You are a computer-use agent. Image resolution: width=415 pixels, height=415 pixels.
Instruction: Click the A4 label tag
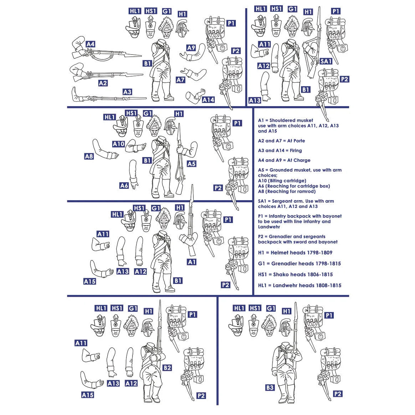pyautogui.click(x=90, y=45)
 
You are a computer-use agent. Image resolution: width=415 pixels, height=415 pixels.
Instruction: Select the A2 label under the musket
pyautogui.click(x=103, y=83)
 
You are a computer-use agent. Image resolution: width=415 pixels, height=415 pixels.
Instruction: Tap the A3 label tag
pyautogui.click(x=127, y=92)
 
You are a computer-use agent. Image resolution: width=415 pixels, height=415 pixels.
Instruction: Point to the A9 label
pyautogui.click(x=191, y=48)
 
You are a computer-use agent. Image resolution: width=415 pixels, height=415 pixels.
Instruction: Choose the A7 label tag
pyautogui.click(x=181, y=80)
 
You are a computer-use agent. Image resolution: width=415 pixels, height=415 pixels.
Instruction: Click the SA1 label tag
pyautogui.click(x=326, y=61)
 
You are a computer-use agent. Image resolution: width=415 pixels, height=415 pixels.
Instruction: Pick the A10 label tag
pyautogui.click(x=118, y=144)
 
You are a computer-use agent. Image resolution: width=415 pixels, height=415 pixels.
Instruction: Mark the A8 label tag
pyautogui.click(x=89, y=156)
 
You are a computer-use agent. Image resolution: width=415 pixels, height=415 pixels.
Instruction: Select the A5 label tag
pyautogui.click(x=191, y=164)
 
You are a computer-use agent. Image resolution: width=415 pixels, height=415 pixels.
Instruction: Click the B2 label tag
pyautogui.click(x=167, y=368)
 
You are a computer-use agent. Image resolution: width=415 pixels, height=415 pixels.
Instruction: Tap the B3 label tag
pyautogui.click(x=270, y=387)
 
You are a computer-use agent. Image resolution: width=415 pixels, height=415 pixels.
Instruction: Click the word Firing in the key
pyautogui.click(x=296, y=151)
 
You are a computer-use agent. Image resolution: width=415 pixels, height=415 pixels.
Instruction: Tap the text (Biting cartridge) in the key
pyautogui.click(x=282, y=181)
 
